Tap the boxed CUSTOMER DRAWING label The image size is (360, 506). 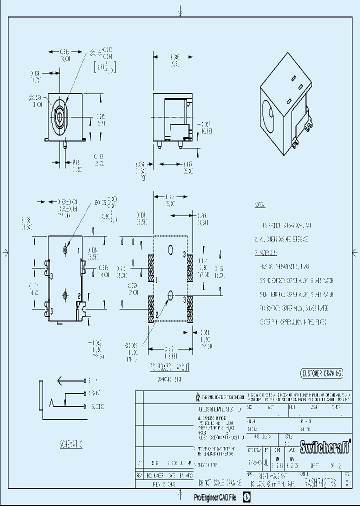pos(322,373)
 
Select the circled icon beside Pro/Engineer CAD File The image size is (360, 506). pos(246,497)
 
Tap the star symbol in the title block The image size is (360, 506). pos(198,397)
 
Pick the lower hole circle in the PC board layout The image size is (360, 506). pos(170,295)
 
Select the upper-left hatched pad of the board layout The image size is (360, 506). pos(151,268)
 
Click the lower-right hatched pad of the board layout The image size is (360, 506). pos(190,310)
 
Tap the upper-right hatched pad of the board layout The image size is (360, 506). pos(190,268)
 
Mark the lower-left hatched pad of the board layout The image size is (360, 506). pos(151,310)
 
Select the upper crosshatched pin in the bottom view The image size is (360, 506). pos(66,249)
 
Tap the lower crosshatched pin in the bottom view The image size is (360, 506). pos(66,294)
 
